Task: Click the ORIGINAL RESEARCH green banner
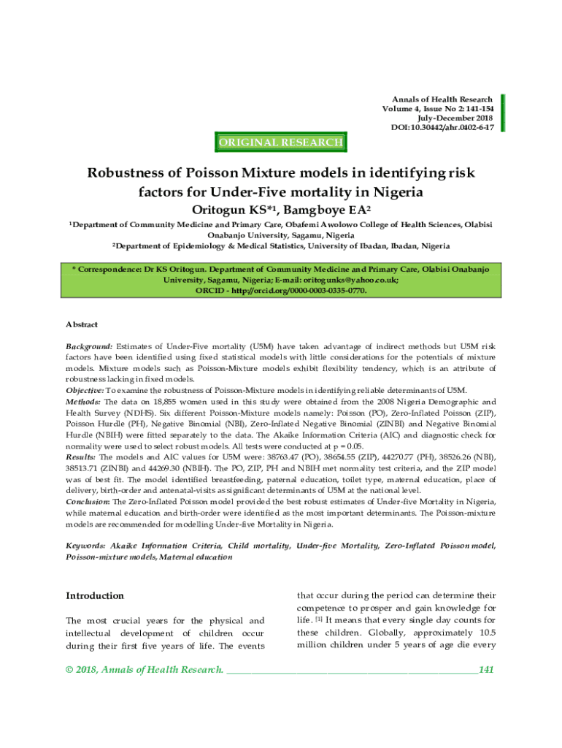[281, 142]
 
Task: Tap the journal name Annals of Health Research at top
[442, 99]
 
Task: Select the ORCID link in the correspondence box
[281, 290]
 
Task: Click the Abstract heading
[82, 324]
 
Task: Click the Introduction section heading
[95, 596]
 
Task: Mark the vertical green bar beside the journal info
[503, 113]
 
